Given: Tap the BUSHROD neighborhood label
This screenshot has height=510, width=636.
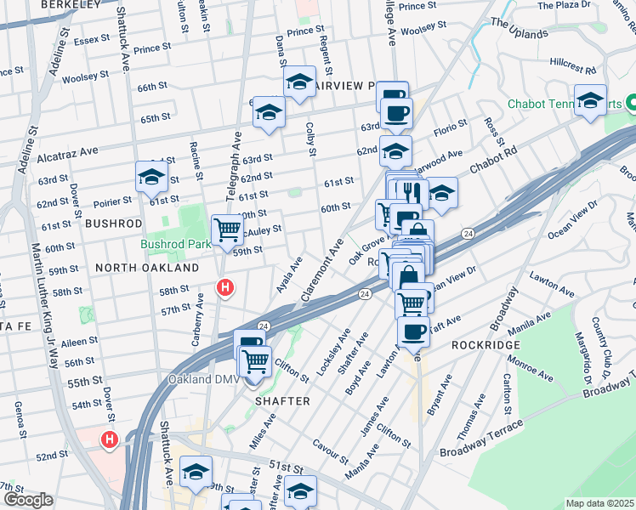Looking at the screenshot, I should pyautogui.click(x=113, y=223).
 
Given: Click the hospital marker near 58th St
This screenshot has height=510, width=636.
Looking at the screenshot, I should pyautogui.click(x=224, y=288).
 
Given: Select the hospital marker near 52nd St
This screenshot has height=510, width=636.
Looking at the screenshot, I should pyautogui.click(x=109, y=440).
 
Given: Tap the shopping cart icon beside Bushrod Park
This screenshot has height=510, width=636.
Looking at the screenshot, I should pyautogui.click(x=227, y=228).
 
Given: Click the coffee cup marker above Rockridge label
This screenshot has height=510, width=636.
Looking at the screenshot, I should pyautogui.click(x=414, y=331).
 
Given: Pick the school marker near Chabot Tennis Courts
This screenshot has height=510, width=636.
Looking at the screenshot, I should pyautogui.click(x=590, y=100).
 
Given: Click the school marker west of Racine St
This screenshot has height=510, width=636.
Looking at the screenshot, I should pyautogui.click(x=150, y=177).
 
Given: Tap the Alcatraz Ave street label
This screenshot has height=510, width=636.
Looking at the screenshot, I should pyautogui.click(x=68, y=154).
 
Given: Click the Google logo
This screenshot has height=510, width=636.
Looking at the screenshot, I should pyautogui.click(x=28, y=500).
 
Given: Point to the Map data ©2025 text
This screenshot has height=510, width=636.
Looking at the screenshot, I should pyautogui.click(x=599, y=503).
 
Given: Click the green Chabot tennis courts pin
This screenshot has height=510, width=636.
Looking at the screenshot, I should pyautogui.click(x=630, y=105).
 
